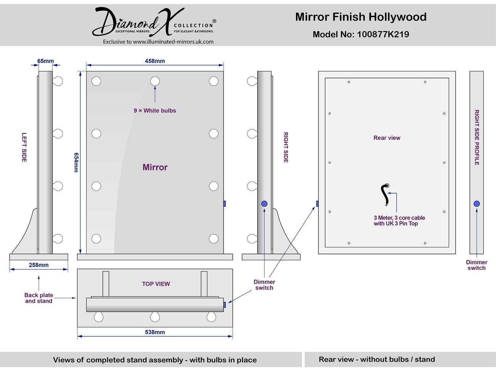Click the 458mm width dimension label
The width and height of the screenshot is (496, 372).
155,61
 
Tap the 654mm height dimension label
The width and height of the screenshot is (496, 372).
76,162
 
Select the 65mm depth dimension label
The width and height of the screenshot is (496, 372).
45,61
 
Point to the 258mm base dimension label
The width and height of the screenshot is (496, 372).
39,265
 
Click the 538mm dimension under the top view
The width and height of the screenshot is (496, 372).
155,332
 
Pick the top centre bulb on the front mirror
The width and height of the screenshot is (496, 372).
155,81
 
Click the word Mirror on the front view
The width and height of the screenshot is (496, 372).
155,167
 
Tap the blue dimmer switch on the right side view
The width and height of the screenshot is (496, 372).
264,204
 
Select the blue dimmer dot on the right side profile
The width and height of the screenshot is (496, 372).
476,204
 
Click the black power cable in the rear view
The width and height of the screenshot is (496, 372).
384,194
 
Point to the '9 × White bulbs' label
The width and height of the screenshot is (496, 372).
155,110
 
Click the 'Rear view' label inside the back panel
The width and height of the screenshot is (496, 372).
387,138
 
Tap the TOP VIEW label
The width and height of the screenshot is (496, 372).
156,284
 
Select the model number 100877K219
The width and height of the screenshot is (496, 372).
383,34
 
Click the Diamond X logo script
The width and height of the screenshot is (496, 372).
138,22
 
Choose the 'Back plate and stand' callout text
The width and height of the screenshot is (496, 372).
39,298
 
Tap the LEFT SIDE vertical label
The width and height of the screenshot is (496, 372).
24,147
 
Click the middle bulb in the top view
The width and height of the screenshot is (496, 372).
155,317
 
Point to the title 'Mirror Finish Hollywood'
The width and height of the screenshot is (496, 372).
361,17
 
